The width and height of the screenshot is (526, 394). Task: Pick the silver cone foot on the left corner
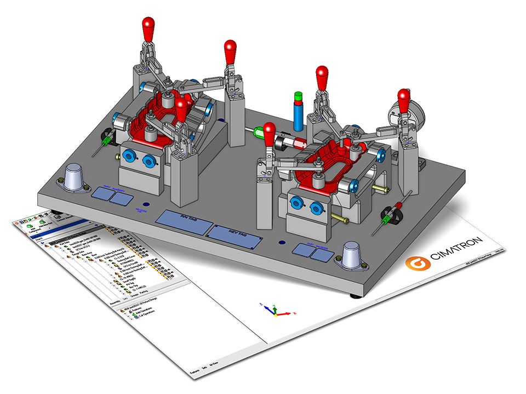pos(76,177)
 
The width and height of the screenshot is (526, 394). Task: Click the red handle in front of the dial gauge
pos(404,100)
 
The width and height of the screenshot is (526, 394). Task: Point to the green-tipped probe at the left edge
pos(102,144)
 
